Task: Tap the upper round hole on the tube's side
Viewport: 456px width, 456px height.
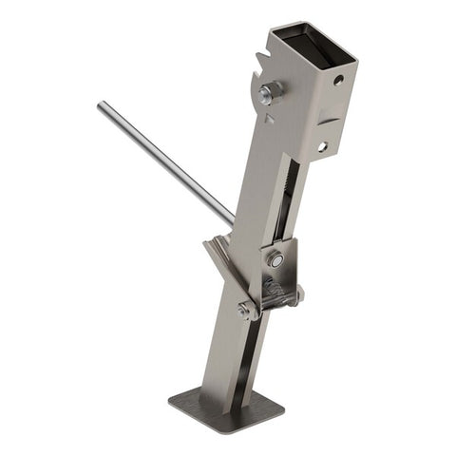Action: (x=338, y=81)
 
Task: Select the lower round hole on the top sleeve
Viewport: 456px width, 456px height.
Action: (x=322, y=146)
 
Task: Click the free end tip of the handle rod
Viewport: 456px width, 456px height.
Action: (x=100, y=106)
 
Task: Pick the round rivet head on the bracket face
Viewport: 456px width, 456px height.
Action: (x=275, y=258)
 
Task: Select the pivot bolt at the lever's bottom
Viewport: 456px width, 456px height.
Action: (x=244, y=309)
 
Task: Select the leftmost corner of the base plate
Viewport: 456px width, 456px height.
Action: (x=170, y=399)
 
